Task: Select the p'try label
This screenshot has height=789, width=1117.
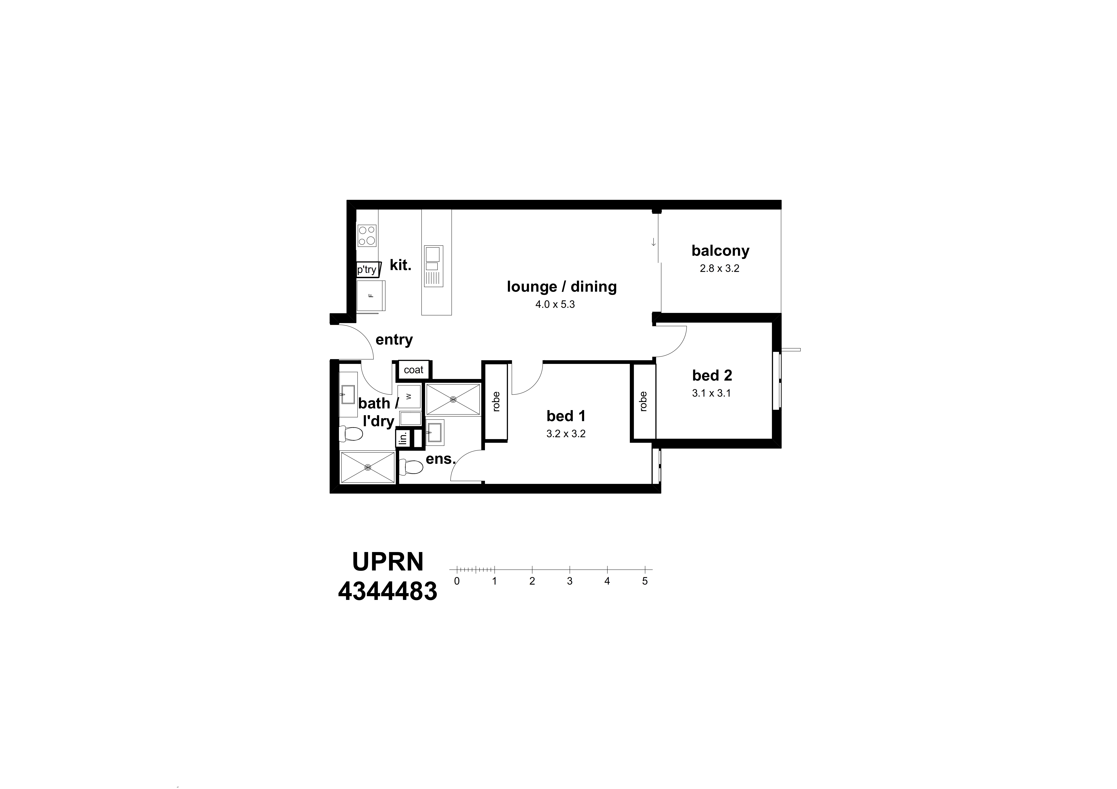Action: [367, 269]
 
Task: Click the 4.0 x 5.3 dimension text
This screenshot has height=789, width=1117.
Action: [555, 304]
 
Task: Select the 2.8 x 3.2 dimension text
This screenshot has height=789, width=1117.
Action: [719, 268]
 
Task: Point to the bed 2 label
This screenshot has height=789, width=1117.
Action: [712, 375]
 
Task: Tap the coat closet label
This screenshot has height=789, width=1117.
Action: [413, 370]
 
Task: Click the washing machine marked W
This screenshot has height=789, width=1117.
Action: [409, 396]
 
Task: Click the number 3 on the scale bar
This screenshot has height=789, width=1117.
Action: [570, 581]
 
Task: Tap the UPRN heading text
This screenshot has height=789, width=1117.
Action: [388, 561]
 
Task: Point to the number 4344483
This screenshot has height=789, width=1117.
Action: [388, 592]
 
